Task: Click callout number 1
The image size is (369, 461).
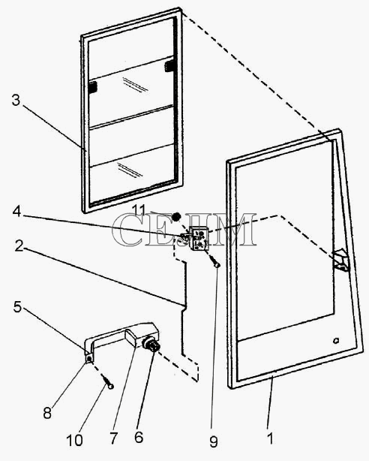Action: point(271,438)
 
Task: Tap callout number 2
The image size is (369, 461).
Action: point(19,246)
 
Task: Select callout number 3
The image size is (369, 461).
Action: point(16,100)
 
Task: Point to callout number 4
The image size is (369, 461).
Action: point(16,211)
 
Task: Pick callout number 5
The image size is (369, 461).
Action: point(18,306)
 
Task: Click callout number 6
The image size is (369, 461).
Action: point(139,437)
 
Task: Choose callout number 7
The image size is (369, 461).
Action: point(113,438)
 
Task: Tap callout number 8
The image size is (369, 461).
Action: point(47,413)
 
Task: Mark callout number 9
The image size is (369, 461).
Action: point(214,441)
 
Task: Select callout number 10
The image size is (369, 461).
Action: point(74,440)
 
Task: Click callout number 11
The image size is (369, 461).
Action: point(139,210)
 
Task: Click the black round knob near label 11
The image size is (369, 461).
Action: point(176,217)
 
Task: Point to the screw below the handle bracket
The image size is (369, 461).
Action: point(107,381)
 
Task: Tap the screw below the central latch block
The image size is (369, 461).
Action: point(214,261)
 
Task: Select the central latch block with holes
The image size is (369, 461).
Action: point(197,237)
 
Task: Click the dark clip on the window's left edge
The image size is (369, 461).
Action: point(92,87)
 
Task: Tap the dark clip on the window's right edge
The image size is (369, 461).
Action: point(169,66)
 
